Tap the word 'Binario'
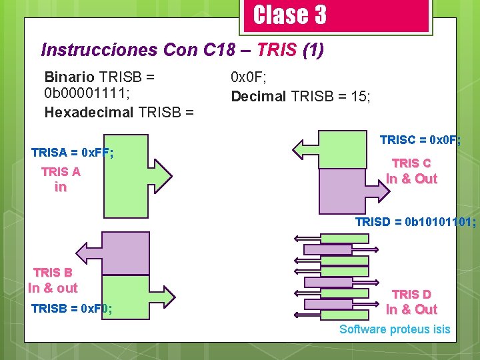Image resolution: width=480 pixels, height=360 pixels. (x=69, y=76)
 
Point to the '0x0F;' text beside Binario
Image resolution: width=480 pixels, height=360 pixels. (x=250, y=77)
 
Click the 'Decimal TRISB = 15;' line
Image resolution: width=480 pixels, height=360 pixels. (x=301, y=96)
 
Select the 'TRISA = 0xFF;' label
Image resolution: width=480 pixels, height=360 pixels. (x=72, y=153)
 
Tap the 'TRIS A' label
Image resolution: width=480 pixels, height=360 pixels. (x=61, y=171)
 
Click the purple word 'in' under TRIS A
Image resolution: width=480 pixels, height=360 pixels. (x=61, y=187)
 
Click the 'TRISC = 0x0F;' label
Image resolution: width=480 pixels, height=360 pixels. (x=421, y=140)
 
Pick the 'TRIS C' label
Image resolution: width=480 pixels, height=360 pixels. (x=411, y=163)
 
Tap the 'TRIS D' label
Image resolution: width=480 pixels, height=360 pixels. (x=411, y=294)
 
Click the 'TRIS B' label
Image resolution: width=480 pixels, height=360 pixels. (x=53, y=272)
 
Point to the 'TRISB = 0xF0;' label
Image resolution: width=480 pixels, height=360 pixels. (x=71, y=309)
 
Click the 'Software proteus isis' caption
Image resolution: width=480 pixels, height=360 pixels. (x=395, y=329)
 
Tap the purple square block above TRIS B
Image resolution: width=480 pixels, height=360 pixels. (x=125, y=253)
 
